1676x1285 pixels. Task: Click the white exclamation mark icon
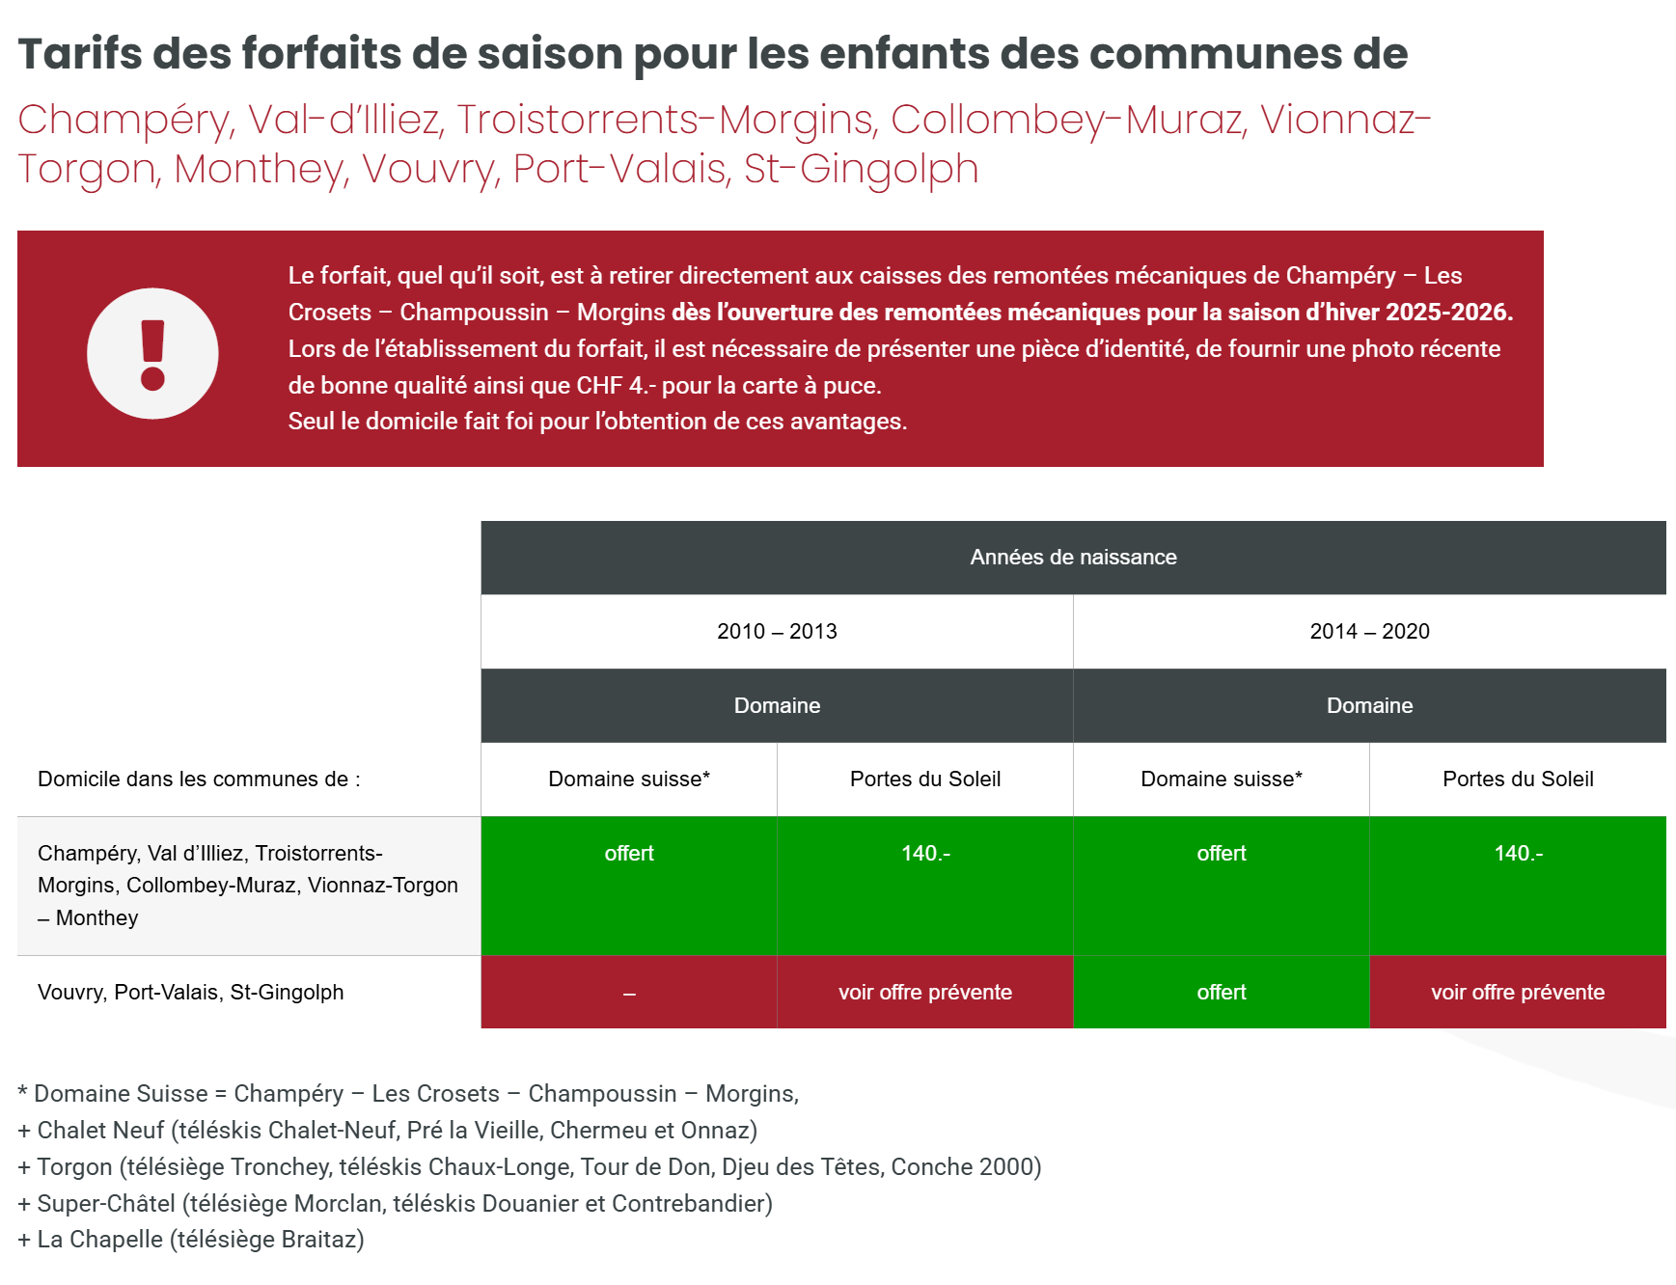152,354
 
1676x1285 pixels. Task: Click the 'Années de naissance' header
1073,558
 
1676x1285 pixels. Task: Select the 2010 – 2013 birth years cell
777,632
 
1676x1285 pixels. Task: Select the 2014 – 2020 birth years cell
1369,632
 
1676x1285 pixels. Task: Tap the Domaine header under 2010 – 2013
777,705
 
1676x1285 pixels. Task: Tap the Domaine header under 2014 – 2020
1369,705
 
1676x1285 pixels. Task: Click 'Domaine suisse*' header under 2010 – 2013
629,779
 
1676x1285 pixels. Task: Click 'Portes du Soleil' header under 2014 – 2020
1518,779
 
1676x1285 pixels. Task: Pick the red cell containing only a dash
629,993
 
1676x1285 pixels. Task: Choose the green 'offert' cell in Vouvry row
1222,993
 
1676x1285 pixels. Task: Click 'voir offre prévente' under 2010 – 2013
924,993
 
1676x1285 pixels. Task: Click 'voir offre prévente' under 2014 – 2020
1518,993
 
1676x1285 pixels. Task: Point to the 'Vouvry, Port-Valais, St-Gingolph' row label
190,993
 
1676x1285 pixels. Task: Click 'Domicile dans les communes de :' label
199,779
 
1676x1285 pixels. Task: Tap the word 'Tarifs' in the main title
81,54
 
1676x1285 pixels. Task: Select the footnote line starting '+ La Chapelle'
191,1240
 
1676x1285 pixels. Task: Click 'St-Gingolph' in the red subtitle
861,169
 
